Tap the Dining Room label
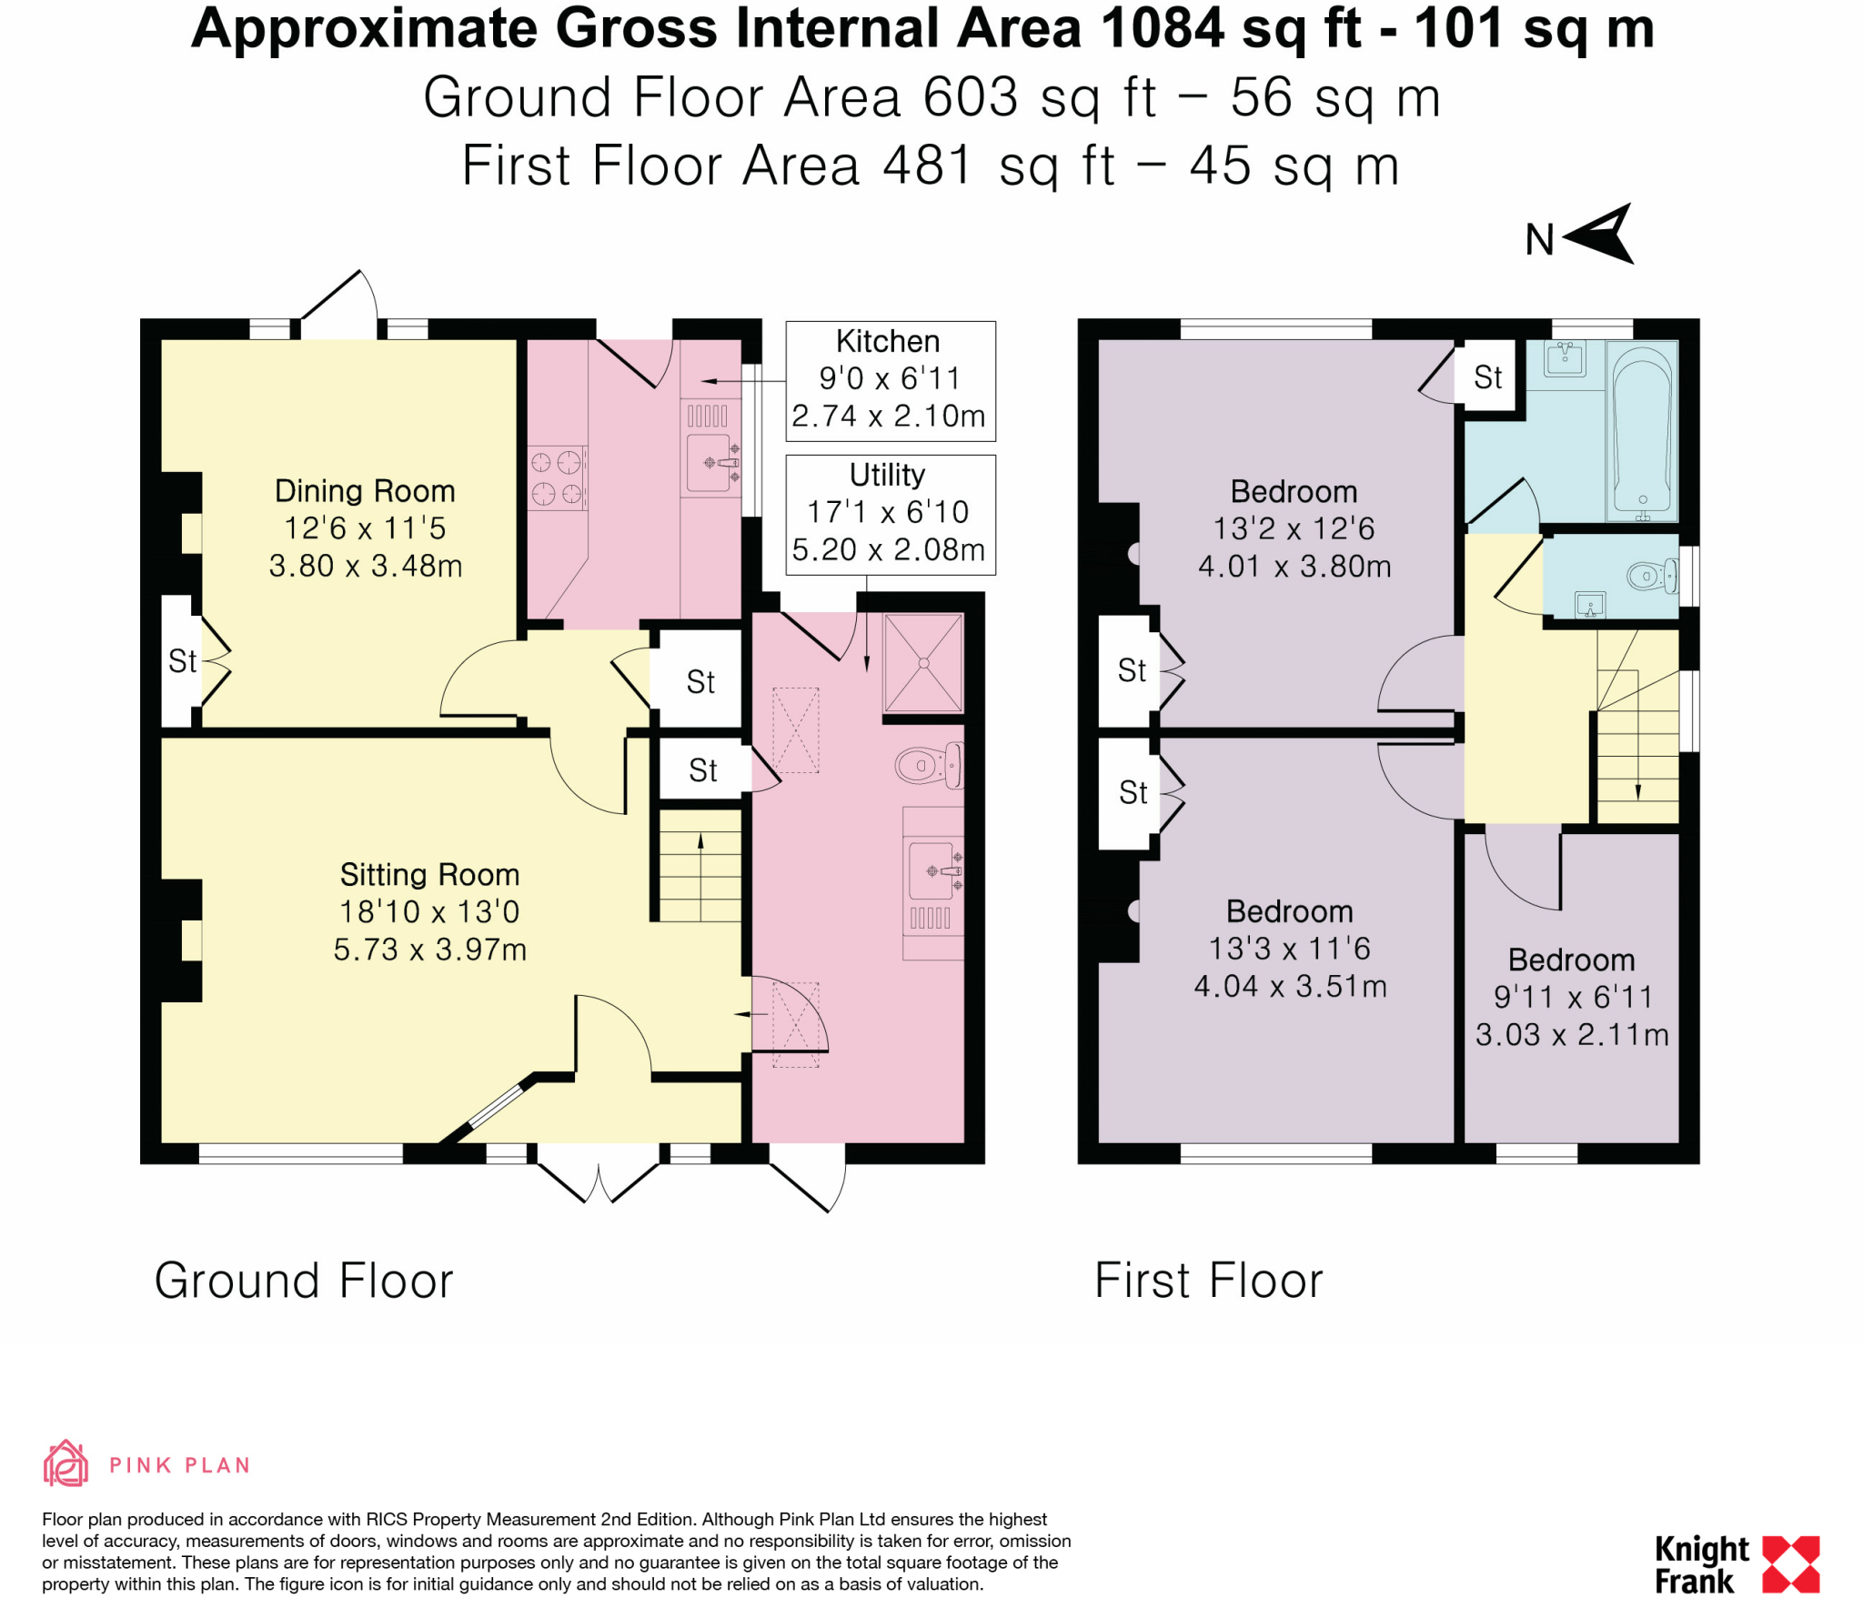tap(365, 491)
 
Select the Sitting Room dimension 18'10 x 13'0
tap(428, 911)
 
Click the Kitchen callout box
tap(890, 380)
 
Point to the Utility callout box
tap(890, 514)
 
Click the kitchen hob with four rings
tap(556, 478)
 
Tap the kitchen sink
tap(710, 463)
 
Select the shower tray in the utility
tap(922, 663)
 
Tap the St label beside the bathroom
tap(1487, 377)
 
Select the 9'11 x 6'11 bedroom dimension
tap(1572, 997)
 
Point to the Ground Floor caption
tap(303, 1281)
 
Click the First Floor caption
tap(1207, 1281)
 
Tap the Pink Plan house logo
tap(65, 1464)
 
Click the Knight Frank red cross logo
tap(1790, 1564)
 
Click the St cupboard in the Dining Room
tap(181, 661)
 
